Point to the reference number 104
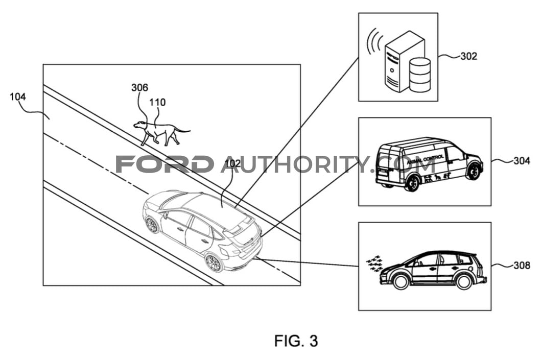click(x=18, y=97)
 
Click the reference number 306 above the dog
click(x=139, y=87)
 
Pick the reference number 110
click(x=157, y=102)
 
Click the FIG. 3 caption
click(x=296, y=341)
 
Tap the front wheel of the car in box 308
click(x=400, y=281)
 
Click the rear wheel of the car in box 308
click(x=464, y=281)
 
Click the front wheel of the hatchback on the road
click(x=152, y=225)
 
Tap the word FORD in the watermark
click(x=164, y=164)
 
